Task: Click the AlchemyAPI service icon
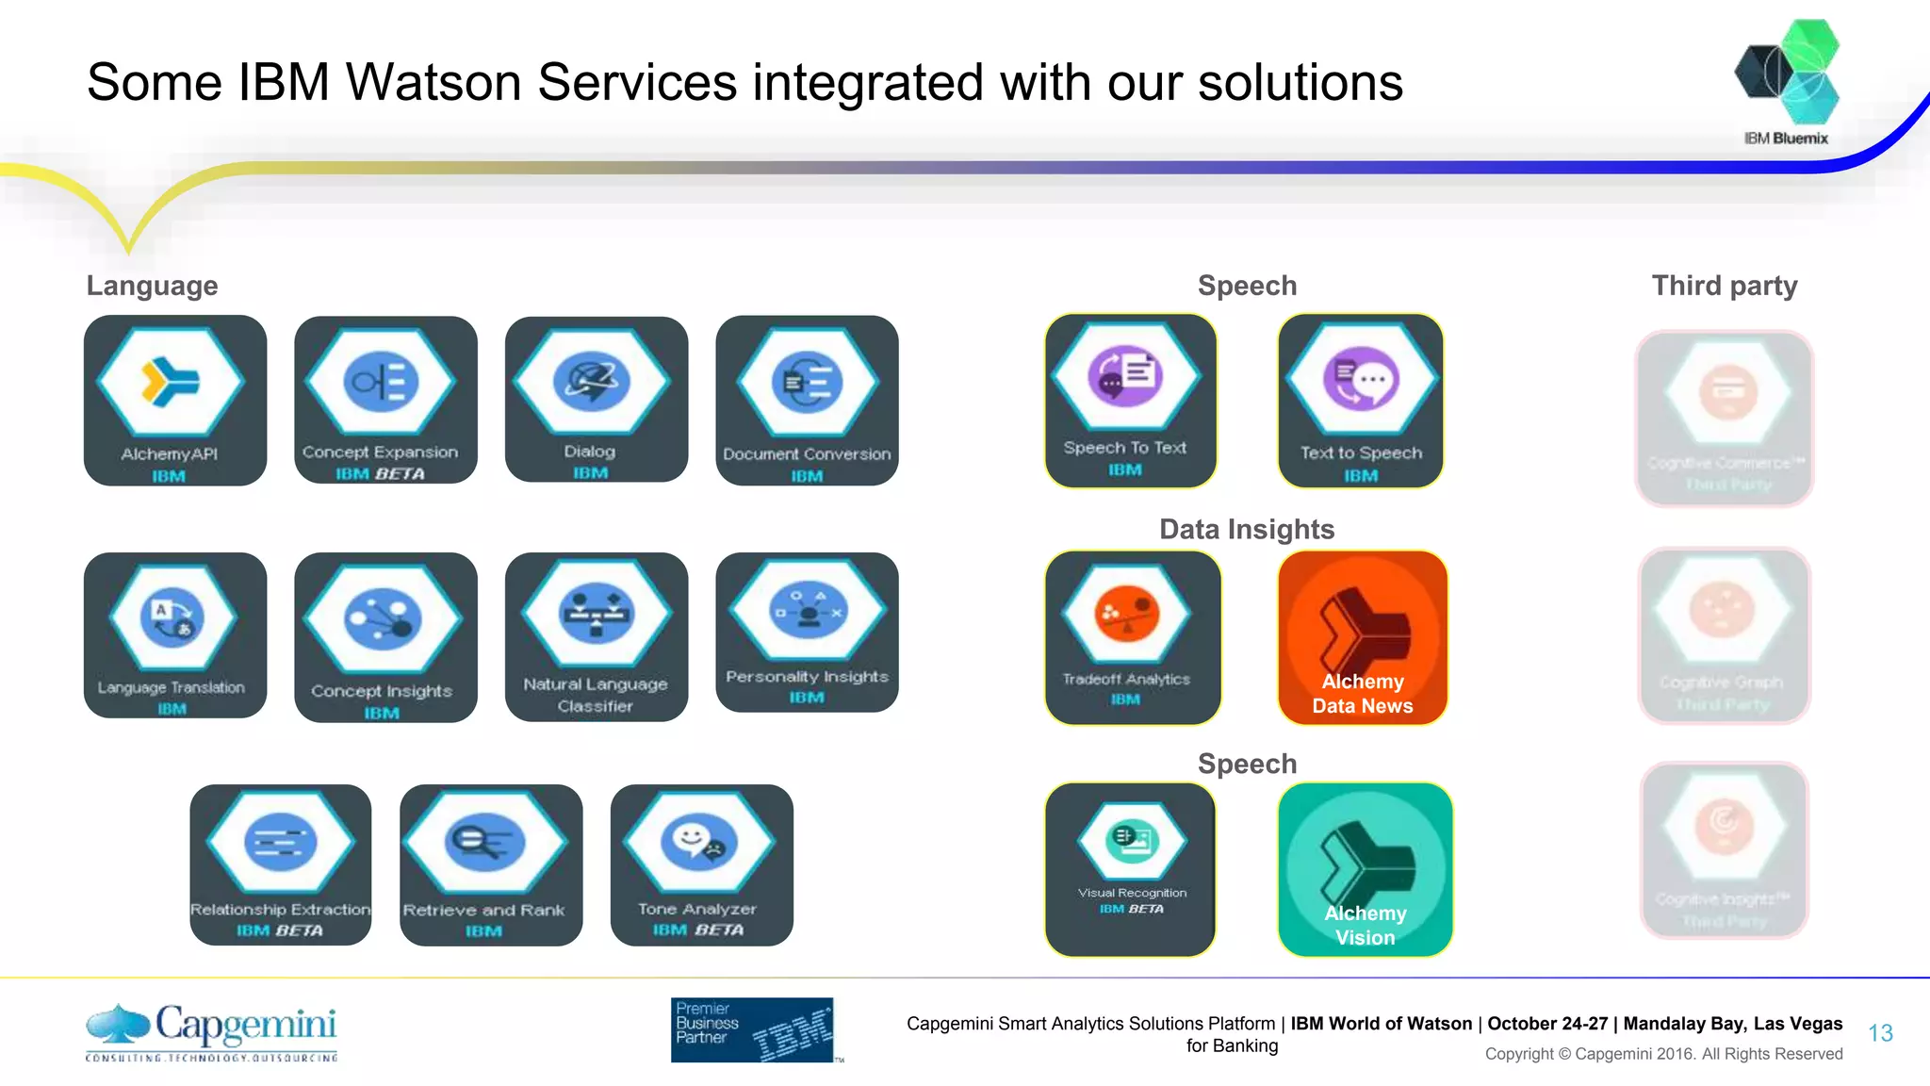tap(174, 400)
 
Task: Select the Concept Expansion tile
tap(385, 400)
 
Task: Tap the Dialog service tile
tap(596, 399)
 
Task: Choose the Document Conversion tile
tap(807, 400)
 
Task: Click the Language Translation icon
tap(174, 634)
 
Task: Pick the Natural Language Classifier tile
tap(596, 636)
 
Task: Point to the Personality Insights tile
tap(807, 632)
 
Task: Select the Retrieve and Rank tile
tap(490, 864)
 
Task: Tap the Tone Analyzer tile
tap(701, 864)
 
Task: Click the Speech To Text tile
tap(1130, 401)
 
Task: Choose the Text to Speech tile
tap(1360, 401)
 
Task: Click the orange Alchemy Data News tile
tap(1362, 637)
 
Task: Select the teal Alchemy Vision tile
tap(1365, 869)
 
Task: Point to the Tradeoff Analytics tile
tap(1132, 637)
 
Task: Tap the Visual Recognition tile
tap(1130, 869)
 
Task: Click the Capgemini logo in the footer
tap(212, 1031)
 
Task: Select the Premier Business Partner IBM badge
tap(753, 1029)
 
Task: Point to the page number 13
tap(1880, 1033)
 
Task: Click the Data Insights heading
tap(1247, 530)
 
